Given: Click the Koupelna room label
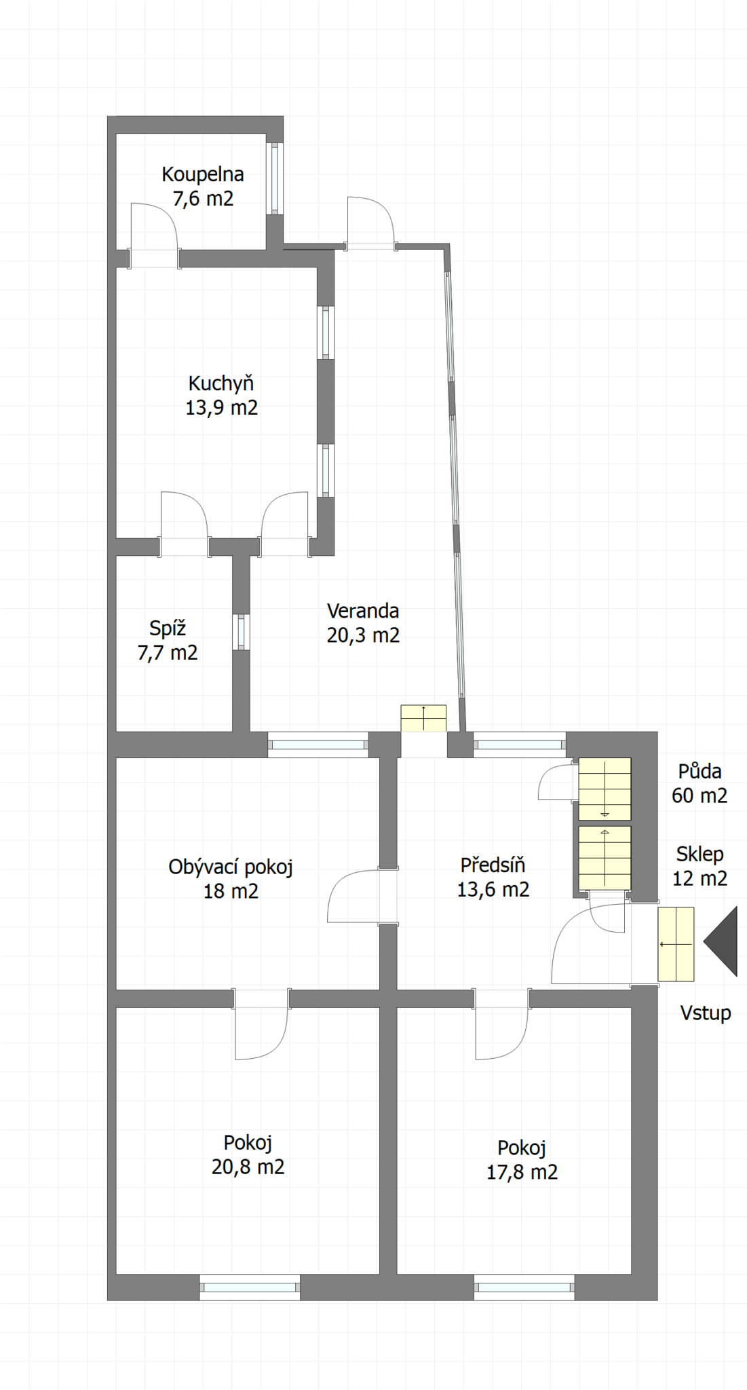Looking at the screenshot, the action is coord(203,174).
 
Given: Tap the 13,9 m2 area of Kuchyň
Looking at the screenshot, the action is coord(222,408).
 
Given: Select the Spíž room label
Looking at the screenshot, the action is coord(168,628).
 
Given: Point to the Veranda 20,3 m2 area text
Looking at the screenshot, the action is coord(363,635).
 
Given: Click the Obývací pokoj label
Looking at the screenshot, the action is coord(231,867).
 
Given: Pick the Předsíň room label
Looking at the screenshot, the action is coord(493,865).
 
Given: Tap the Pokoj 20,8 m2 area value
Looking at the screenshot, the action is coord(248,1167).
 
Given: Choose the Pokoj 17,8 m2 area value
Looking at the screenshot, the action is coord(522,1172).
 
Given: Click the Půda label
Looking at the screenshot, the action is coord(700,771).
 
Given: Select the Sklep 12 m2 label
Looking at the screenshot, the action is coord(700,866).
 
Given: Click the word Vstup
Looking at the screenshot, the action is coord(706,1013).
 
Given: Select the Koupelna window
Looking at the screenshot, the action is coord(274,179).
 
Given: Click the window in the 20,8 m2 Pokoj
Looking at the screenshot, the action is coord(250,1287).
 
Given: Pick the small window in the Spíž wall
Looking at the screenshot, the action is coord(241,632).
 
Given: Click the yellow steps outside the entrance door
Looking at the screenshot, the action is coord(676,944).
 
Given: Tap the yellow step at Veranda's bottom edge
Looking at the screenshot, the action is coord(423,718).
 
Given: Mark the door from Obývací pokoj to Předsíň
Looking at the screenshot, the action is coord(362,895).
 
